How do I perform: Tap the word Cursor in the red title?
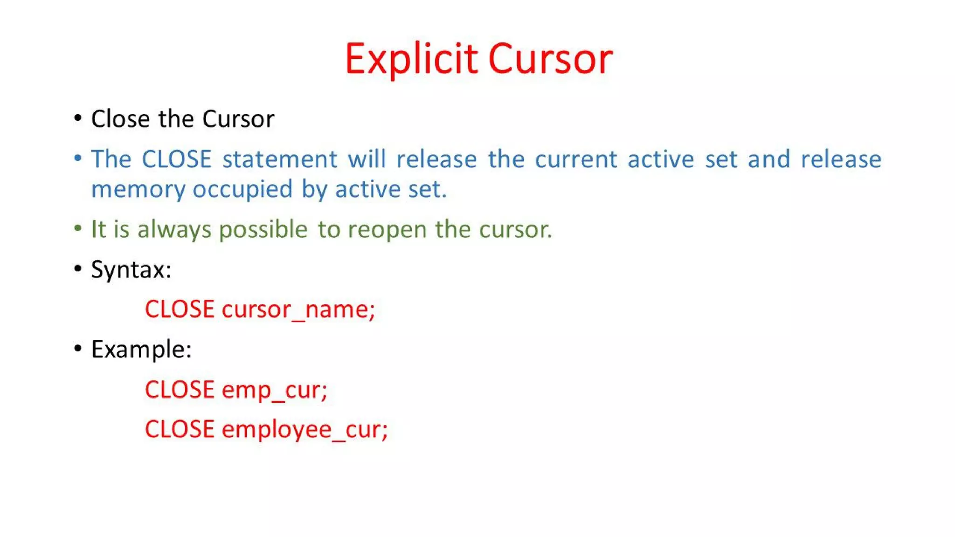pyautogui.click(x=550, y=59)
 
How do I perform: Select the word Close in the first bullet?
pyautogui.click(x=120, y=119)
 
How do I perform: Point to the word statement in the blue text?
pyautogui.click(x=280, y=159)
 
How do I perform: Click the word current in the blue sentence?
pyautogui.click(x=576, y=159)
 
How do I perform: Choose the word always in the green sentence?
pyautogui.click(x=174, y=229)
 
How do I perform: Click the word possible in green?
pyautogui.click(x=263, y=229)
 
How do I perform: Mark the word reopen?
pyautogui.click(x=387, y=229)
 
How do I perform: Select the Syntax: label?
pyautogui.click(x=131, y=270)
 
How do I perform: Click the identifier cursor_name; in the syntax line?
pyautogui.click(x=298, y=310)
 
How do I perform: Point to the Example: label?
pyautogui.click(x=141, y=350)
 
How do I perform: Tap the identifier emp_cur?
pyautogui.click(x=275, y=390)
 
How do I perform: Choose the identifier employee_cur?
pyautogui.click(x=304, y=429)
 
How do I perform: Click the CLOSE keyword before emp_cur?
pyautogui.click(x=180, y=390)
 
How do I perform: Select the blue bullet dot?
pyautogui.click(x=78, y=158)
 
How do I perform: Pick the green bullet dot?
pyautogui.click(x=78, y=228)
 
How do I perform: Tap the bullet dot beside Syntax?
pyautogui.click(x=78, y=268)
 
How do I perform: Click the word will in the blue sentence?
pyautogui.click(x=367, y=159)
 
